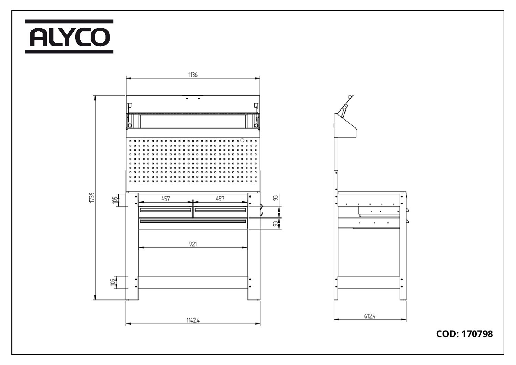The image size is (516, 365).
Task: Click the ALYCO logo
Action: click(69, 37)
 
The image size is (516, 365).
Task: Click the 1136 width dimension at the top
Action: click(193, 75)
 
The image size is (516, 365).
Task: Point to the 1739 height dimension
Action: click(92, 197)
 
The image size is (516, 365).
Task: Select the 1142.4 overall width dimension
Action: click(193, 320)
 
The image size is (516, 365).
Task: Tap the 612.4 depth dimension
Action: click(370, 316)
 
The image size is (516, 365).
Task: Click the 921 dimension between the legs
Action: click(193, 244)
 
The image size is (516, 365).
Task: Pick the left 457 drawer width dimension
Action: click(166, 199)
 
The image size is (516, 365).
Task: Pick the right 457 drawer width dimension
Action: click(220, 199)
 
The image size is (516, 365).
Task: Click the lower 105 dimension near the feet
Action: click(113, 282)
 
